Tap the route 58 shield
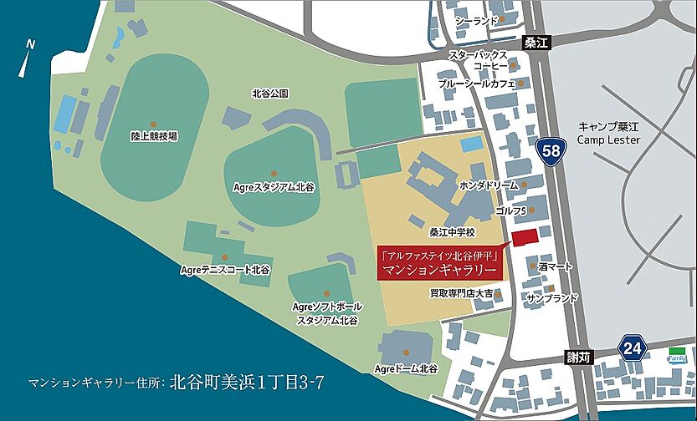point(551,150)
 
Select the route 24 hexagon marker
point(633,347)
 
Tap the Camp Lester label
point(608,134)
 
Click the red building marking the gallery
point(524,238)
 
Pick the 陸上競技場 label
point(154,135)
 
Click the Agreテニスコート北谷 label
point(225,270)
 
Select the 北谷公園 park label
point(269,94)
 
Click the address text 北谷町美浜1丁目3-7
point(246,383)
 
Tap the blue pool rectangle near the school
point(471,144)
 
